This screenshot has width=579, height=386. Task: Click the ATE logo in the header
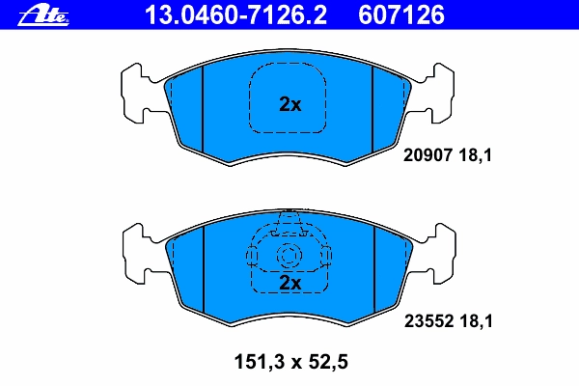click(43, 16)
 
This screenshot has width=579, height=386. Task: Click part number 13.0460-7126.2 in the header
click(235, 14)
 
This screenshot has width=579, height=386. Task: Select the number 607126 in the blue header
click(401, 14)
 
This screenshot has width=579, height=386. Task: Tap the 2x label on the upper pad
click(289, 104)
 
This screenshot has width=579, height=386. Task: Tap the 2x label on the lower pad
click(289, 283)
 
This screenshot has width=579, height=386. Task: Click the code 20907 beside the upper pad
click(427, 155)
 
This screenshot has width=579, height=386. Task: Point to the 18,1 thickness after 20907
click(476, 155)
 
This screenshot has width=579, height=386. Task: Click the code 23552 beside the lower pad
click(428, 321)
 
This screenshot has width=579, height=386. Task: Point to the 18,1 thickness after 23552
click(477, 321)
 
